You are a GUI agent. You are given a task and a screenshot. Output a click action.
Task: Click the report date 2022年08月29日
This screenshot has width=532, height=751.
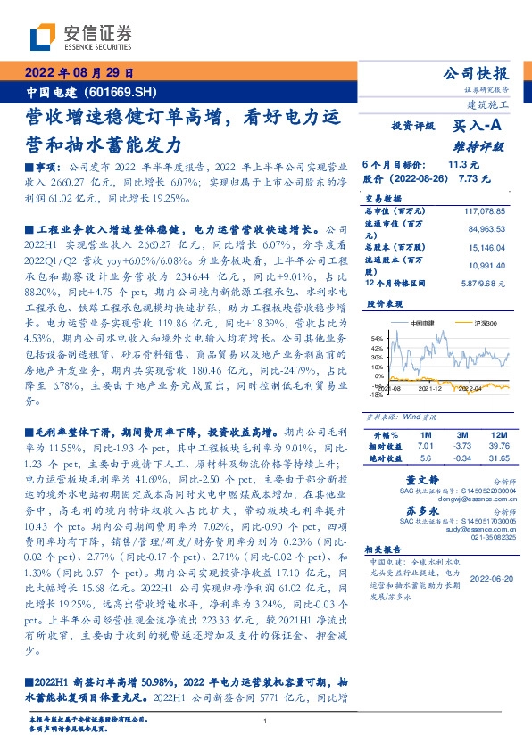coord(78,73)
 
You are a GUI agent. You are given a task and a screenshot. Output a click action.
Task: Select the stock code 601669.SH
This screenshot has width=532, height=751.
coord(125,92)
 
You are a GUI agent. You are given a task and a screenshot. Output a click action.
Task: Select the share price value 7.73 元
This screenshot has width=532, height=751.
coord(473,179)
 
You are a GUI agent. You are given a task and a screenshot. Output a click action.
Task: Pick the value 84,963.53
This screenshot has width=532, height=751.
coord(487,230)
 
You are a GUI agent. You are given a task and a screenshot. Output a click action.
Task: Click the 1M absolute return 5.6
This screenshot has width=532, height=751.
coord(425,458)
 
